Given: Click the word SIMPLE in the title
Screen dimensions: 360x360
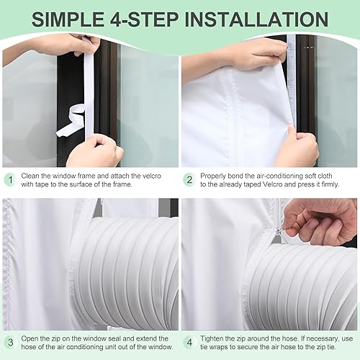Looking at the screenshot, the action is click(x=68, y=19).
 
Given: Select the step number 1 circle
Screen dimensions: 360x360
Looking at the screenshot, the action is click(x=11, y=180).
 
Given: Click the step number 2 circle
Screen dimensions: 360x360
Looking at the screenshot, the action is click(x=189, y=180).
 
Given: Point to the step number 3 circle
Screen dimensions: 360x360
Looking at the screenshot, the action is click(x=11, y=342).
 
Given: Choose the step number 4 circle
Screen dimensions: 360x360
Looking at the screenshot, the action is click(x=189, y=342).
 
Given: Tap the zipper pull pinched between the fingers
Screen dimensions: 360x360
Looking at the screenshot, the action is click(x=279, y=232).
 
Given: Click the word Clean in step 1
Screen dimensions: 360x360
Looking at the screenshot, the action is click(x=30, y=176).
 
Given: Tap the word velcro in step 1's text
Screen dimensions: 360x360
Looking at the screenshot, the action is click(x=152, y=176).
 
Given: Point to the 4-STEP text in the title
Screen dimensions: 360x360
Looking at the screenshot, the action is click(x=144, y=19).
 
